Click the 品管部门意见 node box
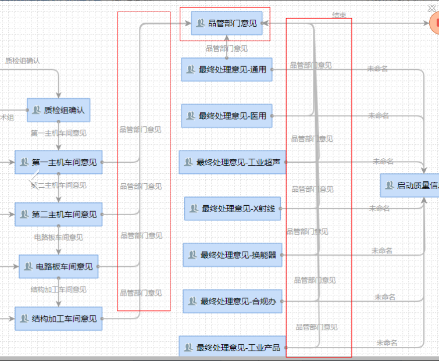pyautogui.click(x=227, y=23)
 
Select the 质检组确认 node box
pyautogui.click(x=59, y=110)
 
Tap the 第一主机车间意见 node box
pyautogui.click(x=58, y=162)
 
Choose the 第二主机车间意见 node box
pyautogui.click(x=58, y=214)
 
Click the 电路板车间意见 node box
pyautogui.click(x=59, y=267)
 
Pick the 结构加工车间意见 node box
pyautogui.click(x=58, y=319)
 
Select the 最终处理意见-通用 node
pyautogui.click(x=226, y=70)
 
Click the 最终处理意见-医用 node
pyautogui.click(x=226, y=116)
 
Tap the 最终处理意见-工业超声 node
pyautogui.click(x=233, y=162)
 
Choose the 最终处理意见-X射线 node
pyautogui.click(x=233, y=209)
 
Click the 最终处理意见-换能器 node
pyautogui.click(x=233, y=255)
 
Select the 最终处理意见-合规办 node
pyautogui.click(x=233, y=301)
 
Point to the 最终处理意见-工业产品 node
pyautogui.click(x=233, y=348)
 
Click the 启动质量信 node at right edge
pyautogui.click(x=410, y=185)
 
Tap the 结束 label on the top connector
pyautogui.click(x=339, y=15)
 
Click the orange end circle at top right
pyautogui.click(x=434, y=23)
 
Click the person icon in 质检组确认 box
pyautogui.click(x=36, y=110)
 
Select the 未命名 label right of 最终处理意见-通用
pyautogui.click(x=377, y=69)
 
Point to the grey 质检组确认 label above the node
pyautogui.click(x=23, y=60)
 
